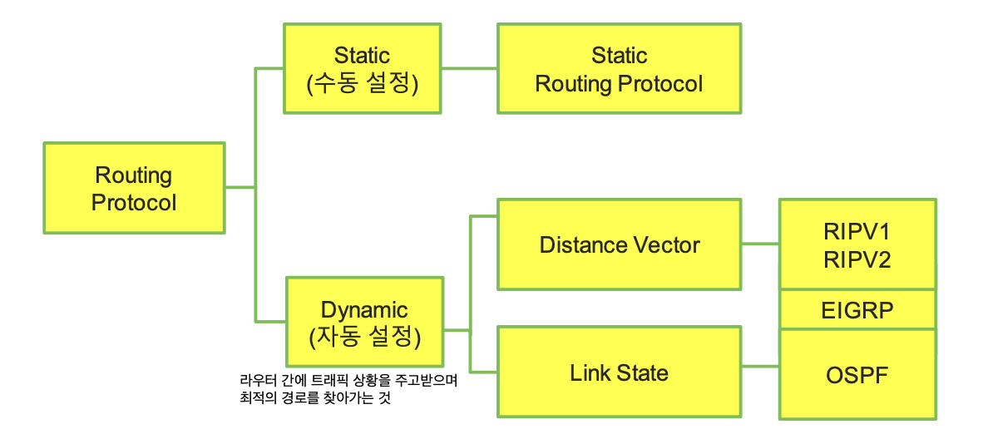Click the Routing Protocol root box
134,189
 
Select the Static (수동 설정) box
362,69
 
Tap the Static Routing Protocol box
619,69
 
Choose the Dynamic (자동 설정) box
364,323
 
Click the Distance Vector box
619,245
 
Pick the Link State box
619,372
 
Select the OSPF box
857,374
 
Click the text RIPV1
857,232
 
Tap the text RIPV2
857,259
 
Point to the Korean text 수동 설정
363,84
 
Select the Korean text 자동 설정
364,338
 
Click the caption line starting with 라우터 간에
348,381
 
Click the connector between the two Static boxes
470,69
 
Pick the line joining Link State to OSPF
759,367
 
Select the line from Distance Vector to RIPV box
759,244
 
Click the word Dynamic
364,310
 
